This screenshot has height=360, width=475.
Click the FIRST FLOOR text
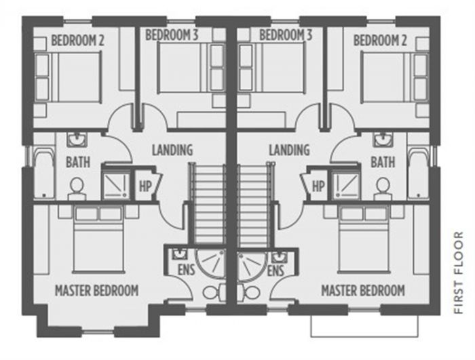pos(459,273)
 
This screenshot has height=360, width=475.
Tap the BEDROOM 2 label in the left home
pos(77,41)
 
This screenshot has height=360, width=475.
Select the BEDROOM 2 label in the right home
pos(379,41)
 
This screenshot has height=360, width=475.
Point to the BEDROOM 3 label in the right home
pos(286,35)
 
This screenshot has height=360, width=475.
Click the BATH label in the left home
pos(78,163)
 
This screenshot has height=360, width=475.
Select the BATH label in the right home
pos(383,163)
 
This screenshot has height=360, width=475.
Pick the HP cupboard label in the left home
pos(145,184)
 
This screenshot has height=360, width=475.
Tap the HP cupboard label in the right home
pos(317,184)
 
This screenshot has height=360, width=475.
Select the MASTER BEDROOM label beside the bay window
pos(96,291)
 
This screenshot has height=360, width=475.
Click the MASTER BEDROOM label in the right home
pos(363,291)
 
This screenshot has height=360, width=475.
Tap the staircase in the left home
pos(208,203)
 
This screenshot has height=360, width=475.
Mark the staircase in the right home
pos(254,203)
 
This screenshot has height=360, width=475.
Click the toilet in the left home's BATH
pos(76,187)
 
